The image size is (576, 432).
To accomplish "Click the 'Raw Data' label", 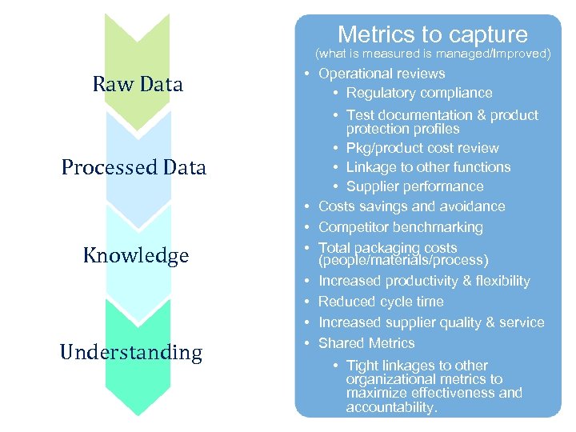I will [x=138, y=84].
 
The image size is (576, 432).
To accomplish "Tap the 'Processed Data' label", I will [x=134, y=167].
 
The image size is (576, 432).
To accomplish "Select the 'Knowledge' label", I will [x=136, y=256].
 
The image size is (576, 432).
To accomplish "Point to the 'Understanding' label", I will [x=131, y=353].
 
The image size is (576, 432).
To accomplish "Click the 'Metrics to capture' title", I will [x=432, y=34].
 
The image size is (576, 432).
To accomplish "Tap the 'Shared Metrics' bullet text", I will [x=366, y=343].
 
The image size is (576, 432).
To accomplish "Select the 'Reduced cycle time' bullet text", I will [x=381, y=302].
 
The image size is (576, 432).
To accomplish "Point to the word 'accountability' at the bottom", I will [x=390, y=407].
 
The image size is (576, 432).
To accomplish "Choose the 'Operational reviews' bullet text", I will [x=382, y=74].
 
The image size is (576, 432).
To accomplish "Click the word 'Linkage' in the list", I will [x=370, y=167].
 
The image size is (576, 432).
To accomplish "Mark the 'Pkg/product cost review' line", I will [x=422, y=148].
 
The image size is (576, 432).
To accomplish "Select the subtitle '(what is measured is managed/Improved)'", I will [x=433, y=54].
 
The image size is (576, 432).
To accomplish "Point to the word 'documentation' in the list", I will [x=416, y=115].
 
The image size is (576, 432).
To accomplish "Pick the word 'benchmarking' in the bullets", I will [x=443, y=227].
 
